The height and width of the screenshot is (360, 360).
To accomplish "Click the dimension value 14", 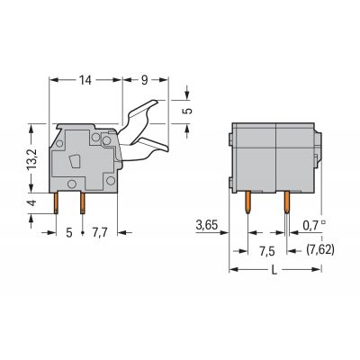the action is tap(85, 80).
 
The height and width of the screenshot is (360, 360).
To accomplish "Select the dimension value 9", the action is tap(145, 80).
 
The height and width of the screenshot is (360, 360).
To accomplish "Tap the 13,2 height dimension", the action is tap(31, 158).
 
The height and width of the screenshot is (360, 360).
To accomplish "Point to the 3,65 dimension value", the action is tap(207, 225).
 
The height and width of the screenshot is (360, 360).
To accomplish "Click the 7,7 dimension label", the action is tap(99, 232).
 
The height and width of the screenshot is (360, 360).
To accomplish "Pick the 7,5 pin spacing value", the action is tap(267, 251).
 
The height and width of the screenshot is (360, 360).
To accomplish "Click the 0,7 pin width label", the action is tap(311, 225).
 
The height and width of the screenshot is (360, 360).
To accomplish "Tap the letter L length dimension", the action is tap(274, 270).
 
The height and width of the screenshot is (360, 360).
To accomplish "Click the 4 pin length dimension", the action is tap(31, 202).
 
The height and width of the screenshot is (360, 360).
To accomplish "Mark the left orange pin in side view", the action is tap(56, 203).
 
